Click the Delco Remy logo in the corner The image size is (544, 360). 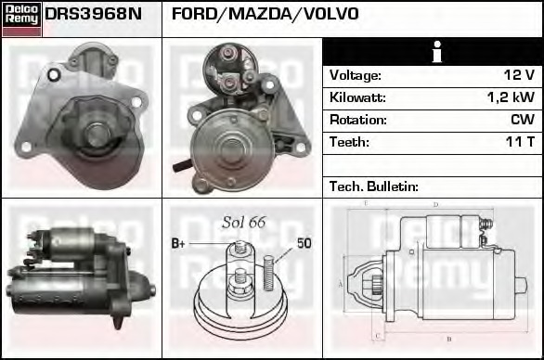21,19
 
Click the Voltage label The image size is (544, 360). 356,75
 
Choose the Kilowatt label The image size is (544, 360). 357,97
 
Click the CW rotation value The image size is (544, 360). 522,120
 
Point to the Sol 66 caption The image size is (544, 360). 243,222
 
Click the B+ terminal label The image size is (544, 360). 178,244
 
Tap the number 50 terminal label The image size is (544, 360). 304,243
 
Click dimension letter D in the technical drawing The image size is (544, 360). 436,205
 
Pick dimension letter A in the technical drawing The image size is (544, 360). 341,282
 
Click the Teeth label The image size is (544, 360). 349,142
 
